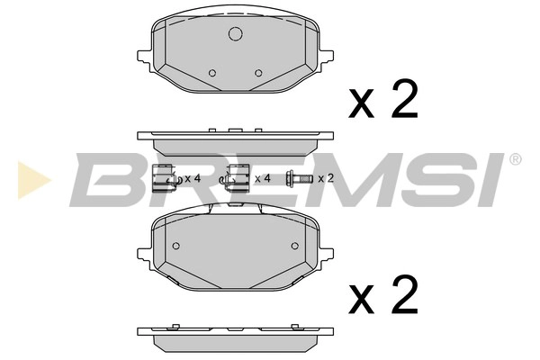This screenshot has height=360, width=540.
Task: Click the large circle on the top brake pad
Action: click(x=236, y=35)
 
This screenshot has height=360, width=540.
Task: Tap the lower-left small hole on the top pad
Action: click(x=211, y=73)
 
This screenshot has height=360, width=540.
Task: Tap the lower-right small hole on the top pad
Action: click(x=258, y=73)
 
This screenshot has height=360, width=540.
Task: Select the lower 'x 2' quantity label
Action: click(x=383, y=294)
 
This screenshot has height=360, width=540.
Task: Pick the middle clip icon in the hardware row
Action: click(x=238, y=179)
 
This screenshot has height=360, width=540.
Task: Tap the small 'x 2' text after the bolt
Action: click(x=325, y=179)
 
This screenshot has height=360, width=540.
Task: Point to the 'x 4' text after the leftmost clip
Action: click(x=192, y=179)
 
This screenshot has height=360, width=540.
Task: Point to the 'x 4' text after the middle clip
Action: click(x=263, y=179)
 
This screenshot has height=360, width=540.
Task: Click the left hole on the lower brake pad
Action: click(x=175, y=247)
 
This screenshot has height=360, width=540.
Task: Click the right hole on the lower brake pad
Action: click(x=294, y=247)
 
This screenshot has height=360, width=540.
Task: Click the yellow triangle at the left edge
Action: click(x=28, y=177)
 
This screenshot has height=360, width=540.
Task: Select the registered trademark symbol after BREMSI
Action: click(x=515, y=160)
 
